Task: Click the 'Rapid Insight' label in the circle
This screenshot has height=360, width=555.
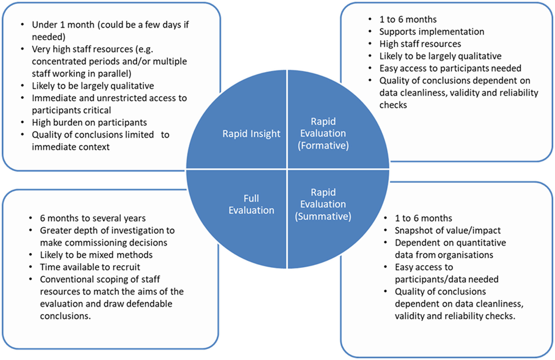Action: point(251,134)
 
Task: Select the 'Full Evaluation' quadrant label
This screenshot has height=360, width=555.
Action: point(251,204)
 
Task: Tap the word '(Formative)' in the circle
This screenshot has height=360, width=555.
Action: point(323,146)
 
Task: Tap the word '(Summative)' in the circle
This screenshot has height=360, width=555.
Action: point(323,217)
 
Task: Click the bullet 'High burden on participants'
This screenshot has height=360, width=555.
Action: point(89,123)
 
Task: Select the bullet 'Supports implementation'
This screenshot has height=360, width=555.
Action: point(432,32)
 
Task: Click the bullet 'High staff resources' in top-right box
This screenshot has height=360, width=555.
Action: point(420,44)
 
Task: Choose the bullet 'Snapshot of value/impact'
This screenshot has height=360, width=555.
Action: point(448,231)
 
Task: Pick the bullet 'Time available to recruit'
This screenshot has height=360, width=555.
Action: point(90,267)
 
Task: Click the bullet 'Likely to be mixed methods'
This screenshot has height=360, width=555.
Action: point(96,255)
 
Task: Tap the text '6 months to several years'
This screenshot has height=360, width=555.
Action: point(93,218)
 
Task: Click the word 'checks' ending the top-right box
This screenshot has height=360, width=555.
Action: point(393,105)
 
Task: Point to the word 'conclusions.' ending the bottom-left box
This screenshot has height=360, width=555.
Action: point(65,316)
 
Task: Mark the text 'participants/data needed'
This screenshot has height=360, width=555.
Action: point(446,279)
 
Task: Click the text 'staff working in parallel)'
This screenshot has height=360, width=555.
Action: point(81,74)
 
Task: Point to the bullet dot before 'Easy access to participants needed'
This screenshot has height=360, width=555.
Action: point(370,68)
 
